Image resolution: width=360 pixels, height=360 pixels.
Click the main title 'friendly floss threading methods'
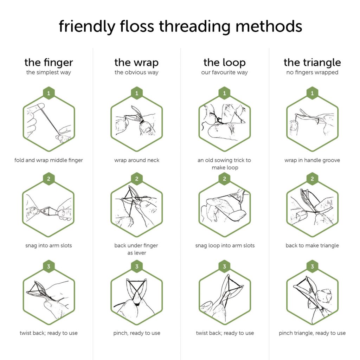pyautogui.click(x=180, y=27)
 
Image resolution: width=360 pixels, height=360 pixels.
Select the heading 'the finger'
pyautogui.click(x=49, y=63)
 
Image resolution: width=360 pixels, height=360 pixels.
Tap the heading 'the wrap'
pyautogui.click(x=136, y=63)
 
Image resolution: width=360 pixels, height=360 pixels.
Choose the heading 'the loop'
pyautogui.click(x=224, y=63)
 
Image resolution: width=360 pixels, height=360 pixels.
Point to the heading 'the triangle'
pyautogui.click(x=312, y=63)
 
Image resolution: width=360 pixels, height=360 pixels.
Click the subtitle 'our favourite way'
pyautogui.click(x=224, y=72)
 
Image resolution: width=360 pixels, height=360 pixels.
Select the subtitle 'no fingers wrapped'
pyautogui.click(x=312, y=72)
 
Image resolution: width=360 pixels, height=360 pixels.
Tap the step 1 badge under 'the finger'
pyautogui.click(x=49, y=93)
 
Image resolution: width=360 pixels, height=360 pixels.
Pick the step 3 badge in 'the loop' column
pyautogui.click(x=224, y=266)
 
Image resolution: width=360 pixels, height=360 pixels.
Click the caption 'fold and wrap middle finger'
pyautogui.click(x=49, y=160)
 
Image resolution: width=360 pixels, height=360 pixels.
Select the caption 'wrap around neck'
pyautogui.click(x=137, y=160)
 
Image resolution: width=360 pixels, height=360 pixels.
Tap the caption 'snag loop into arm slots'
pyautogui.click(x=225, y=245)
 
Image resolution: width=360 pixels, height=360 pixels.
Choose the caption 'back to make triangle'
pyautogui.click(x=312, y=245)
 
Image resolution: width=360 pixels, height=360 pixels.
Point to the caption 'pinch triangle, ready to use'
pyautogui.click(x=312, y=333)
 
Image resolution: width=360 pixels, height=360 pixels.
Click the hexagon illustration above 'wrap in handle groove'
pyautogui.click(x=312, y=123)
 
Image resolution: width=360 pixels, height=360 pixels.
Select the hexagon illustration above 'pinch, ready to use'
pyautogui.click(x=137, y=297)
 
